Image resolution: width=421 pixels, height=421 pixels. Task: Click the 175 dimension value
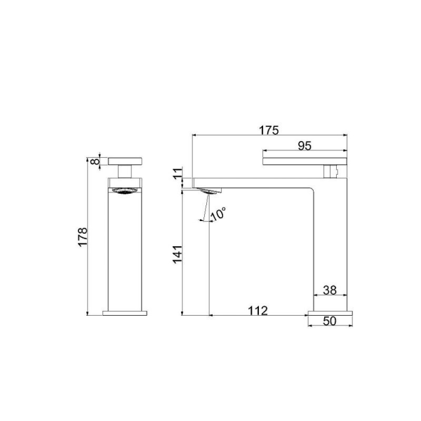[269, 130]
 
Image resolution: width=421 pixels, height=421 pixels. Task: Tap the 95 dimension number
[305, 146]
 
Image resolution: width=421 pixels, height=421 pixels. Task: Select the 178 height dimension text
[83, 237]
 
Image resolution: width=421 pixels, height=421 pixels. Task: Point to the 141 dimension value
[177, 254]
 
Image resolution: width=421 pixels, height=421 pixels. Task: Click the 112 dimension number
[258, 311]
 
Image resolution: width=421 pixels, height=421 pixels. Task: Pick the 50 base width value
[330, 321]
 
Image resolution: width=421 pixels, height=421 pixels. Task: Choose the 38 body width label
[330, 290]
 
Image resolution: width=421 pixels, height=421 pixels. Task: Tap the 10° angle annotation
[218, 214]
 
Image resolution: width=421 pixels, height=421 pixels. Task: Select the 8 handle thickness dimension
[95, 162]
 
